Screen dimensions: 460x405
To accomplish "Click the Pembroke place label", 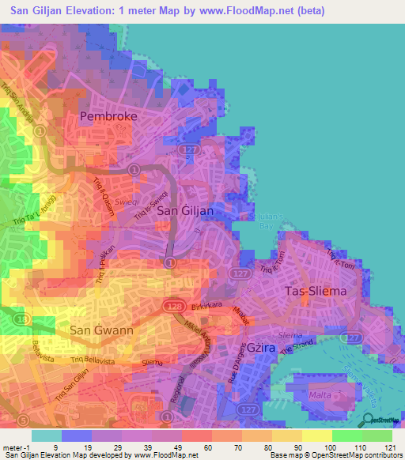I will (x=108, y=116).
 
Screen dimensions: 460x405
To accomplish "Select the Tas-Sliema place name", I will (x=315, y=292).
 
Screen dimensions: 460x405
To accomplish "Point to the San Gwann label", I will (x=101, y=330).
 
